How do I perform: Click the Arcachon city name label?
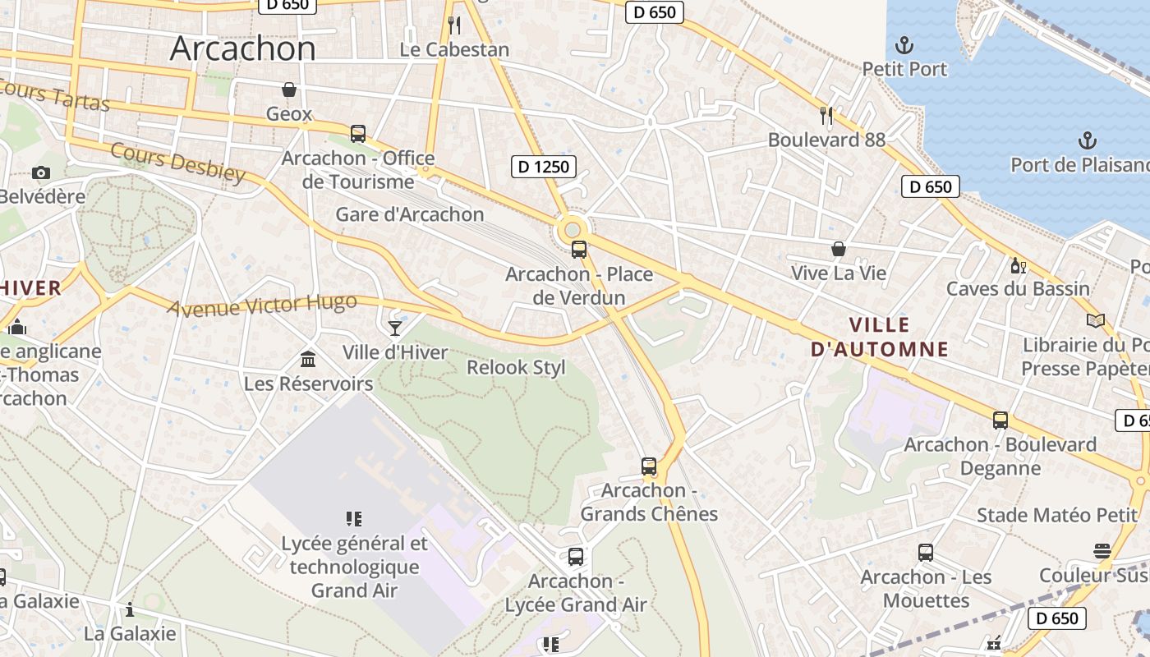tap(242, 48)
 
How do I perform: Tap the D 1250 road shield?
tap(543, 167)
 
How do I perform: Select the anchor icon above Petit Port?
tap(904, 44)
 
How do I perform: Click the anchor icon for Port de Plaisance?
tap(1087, 140)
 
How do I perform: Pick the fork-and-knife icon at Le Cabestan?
tap(454, 25)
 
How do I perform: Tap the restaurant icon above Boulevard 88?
tap(826, 116)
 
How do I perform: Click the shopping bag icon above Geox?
tap(289, 90)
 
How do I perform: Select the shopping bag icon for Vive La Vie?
tap(838, 248)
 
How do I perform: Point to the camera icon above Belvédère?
tap(40, 172)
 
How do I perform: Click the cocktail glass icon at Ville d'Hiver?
tap(395, 328)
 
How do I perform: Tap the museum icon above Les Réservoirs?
tap(308, 359)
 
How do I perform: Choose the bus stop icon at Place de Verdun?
tap(579, 250)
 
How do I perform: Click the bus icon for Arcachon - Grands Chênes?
tap(649, 466)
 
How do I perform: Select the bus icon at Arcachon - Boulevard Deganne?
tap(1000, 420)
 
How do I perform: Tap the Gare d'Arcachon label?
tap(410, 214)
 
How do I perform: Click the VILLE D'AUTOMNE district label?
tap(879, 337)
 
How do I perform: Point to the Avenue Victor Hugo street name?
tap(262, 306)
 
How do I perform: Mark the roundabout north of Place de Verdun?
tap(572, 228)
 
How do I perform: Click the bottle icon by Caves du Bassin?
tap(1018, 265)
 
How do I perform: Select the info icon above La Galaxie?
tap(129, 609)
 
